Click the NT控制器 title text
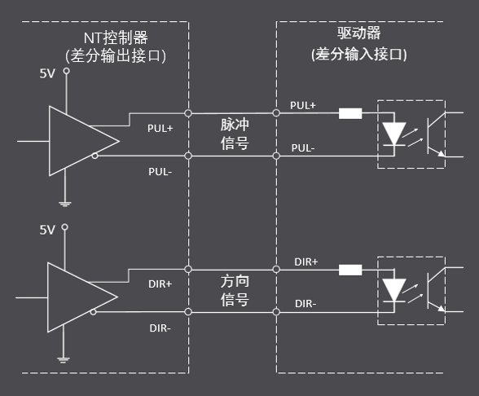tap(116, 37)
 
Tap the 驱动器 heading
tap(359, 33)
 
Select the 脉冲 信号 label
tap(235, 134)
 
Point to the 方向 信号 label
tap(235, 290)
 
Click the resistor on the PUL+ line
tap(350, 113)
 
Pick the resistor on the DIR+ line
tap(350, 270)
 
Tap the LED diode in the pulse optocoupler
tap(394, 134)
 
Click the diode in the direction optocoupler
tap(394, 290)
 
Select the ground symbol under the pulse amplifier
tap(65, 204)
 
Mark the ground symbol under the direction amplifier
tap(63, 360)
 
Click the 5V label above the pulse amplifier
tap(47, 73)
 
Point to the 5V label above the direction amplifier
tap(47, 230)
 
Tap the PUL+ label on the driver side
tap(303, 105)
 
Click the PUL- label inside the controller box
tap(160, 172)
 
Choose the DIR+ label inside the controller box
tap(160, 284)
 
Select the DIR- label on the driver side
tap(305, 304)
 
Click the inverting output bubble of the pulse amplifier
tap(95, 156)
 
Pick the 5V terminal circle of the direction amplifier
tap(65, 227)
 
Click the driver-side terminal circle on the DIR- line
tap(276, 312)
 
